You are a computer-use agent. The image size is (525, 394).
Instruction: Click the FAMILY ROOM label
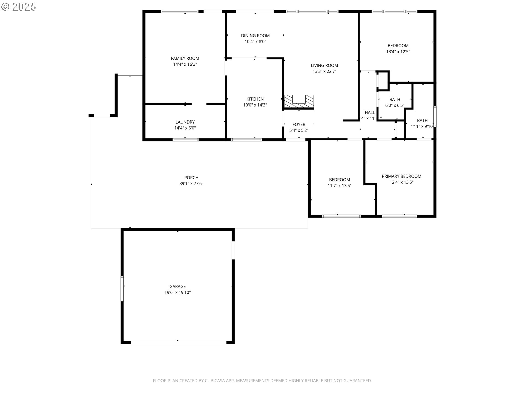point(185,58)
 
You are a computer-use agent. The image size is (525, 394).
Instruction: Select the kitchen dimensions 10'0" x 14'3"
point(255,105)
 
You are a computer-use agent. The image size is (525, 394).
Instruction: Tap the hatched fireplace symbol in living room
point(299,102)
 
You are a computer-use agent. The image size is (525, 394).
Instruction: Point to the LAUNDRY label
point(185,122)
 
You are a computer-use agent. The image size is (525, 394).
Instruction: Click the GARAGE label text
point(177,286)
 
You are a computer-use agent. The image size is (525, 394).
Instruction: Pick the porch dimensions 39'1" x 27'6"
point(191,184)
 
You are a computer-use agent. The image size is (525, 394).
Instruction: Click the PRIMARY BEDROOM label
point(401,176)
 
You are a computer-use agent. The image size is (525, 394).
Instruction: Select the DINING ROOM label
point(255,36)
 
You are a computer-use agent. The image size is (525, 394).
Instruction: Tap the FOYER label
point(299,124)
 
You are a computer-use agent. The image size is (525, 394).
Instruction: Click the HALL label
point(370,112)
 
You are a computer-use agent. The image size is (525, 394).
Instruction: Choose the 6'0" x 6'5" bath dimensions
point(395,105)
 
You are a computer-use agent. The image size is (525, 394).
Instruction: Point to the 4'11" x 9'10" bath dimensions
point(422,126)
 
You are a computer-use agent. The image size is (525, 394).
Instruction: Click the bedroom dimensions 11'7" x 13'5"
point(339,186)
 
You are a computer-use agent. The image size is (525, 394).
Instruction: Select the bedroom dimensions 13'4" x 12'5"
point(398,52)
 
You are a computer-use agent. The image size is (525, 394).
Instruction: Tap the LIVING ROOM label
point(324,65)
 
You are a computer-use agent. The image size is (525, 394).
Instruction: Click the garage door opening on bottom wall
point(178,342)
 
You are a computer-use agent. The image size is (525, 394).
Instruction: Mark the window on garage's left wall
point(122,289)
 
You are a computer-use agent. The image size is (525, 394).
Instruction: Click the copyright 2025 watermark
point(19,7)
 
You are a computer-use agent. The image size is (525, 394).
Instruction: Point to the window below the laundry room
point(186,140)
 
